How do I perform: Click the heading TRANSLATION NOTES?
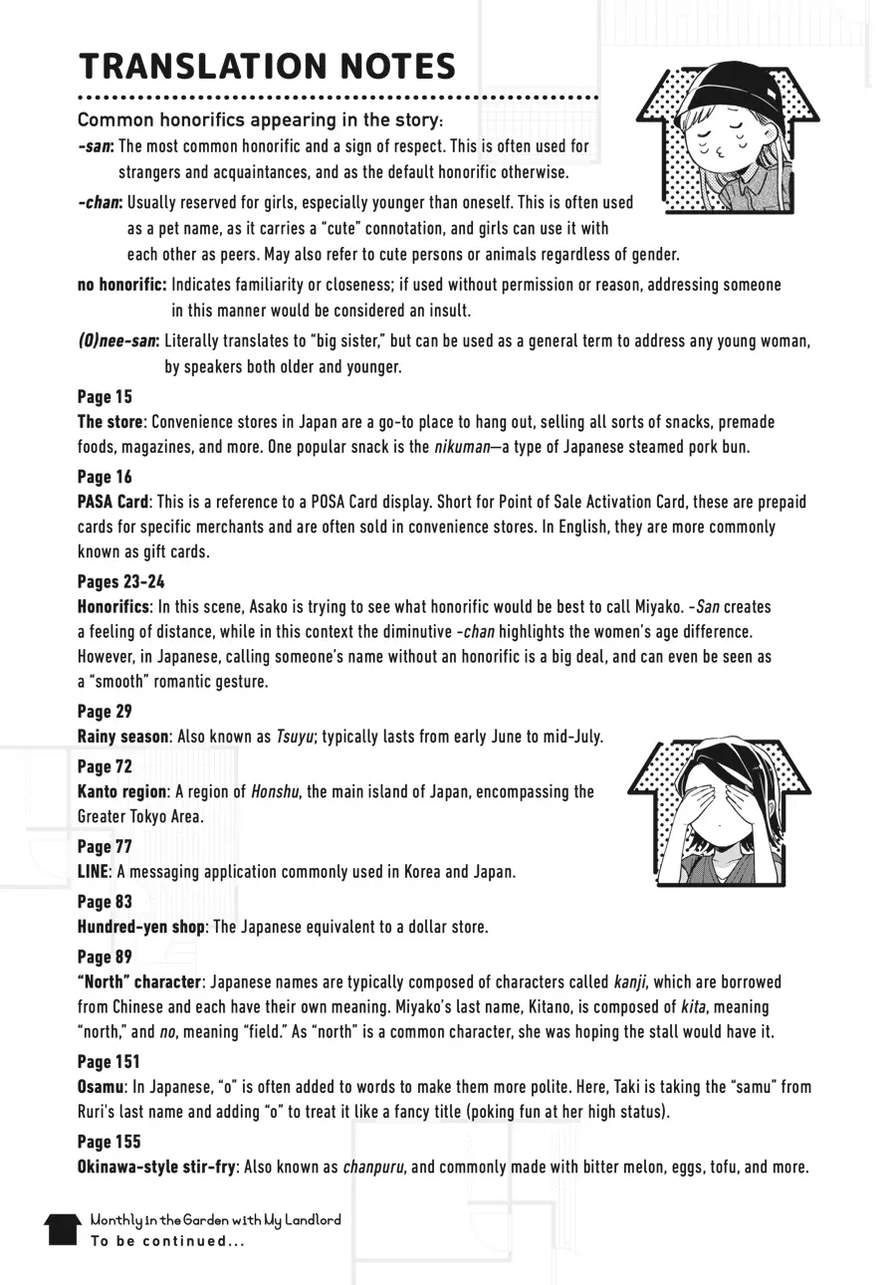(267, 67)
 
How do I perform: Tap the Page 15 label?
(105, 397)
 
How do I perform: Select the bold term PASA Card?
(112, 502)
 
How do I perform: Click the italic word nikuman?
(462, 447)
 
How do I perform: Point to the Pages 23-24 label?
(120, 581)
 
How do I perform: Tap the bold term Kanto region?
(121, 791)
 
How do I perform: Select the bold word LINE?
(92, 872)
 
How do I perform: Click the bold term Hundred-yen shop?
(141, 927)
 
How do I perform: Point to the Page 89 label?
(105, 958)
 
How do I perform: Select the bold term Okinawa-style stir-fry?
(156, 1167)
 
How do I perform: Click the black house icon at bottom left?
(62, 1229)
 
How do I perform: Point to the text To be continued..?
(166, 1241)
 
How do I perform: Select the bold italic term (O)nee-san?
(117, 341)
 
